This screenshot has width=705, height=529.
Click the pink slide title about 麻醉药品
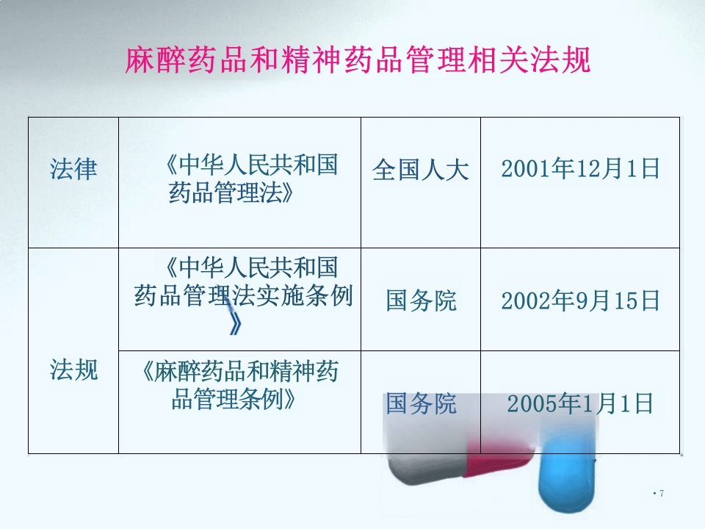click(358, 60)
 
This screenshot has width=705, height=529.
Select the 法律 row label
click(73, 170)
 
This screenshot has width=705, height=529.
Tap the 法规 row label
click(73, 370)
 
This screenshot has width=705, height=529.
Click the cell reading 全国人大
click(420, 171)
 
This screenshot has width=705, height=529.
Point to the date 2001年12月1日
click(580, 169)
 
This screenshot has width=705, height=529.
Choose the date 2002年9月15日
click(580, 301)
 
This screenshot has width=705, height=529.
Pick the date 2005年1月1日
click(580, 403)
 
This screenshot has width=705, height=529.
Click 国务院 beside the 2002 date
click(421, 301)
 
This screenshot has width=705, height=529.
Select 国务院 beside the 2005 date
click(421, 403)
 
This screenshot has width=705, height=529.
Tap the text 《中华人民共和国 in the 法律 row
click(252, 164)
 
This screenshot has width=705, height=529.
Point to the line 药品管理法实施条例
click(243, 295)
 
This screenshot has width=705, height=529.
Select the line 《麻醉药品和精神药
click(240, 372)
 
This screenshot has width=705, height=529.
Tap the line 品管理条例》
click(234, 400)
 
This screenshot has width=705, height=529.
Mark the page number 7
click(661, 493)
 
